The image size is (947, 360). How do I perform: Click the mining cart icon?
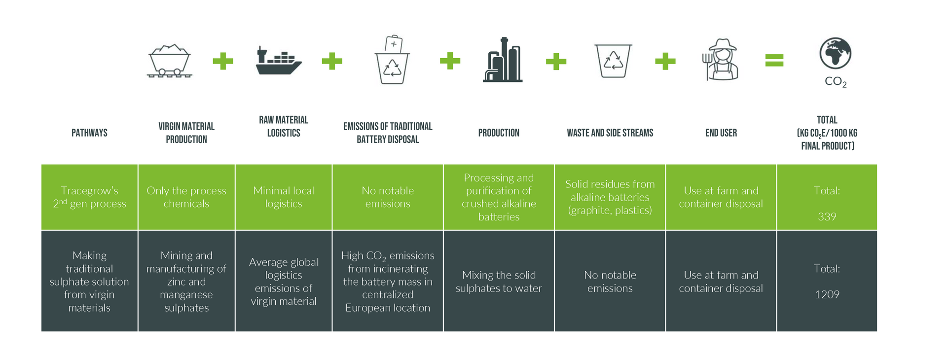(x=169, y=61)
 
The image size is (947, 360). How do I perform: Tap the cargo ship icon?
(x=278, y=61)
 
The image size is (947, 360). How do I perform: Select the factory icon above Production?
(x=502, y=60)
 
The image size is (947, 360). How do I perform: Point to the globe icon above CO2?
(x=835, y=53)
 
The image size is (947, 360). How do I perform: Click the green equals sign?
(x=774, y=61)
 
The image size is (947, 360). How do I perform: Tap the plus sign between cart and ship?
(x=223, y=61)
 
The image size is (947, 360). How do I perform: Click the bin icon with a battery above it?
(x=392, y=60)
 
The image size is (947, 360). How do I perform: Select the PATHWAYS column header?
(x=89, y=133)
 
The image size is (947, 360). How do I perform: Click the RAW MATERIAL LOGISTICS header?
(x=284, y=126)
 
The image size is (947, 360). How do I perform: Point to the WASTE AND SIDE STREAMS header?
(x=610, y=133)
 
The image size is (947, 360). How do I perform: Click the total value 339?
(x=827, y=216)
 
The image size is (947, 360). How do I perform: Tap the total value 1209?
(x=827, y=294)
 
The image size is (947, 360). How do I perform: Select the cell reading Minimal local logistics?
(x=284, y=197)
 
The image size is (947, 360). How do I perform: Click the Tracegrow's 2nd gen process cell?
(x=89, y=197)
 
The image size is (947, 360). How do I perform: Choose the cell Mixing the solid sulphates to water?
(x=499, y=282)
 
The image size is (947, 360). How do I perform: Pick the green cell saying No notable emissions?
(x=388, y=197)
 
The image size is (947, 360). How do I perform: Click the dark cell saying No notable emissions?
(x=610, y=282)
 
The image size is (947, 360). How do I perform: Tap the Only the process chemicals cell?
(x=186, y=197)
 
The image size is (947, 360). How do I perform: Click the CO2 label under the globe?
(x=836, y=82)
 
